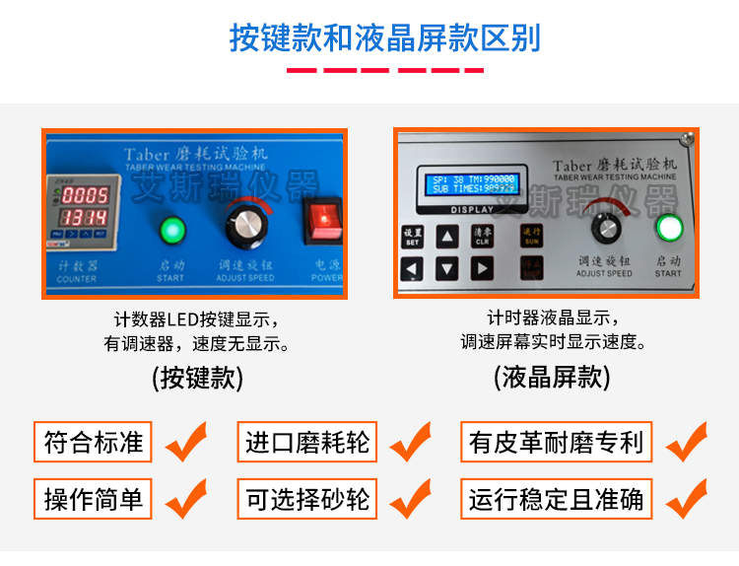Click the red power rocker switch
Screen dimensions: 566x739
point(321,221)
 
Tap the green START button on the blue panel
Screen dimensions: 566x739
point(172,231)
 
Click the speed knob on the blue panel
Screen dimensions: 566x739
point(244,226)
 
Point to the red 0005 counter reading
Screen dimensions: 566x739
point(87,194)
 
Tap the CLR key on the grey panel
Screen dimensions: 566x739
point(482,237)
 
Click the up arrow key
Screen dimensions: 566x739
point(448,237)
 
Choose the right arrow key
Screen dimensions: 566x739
point(482,267)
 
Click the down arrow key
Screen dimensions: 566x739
point(448,267)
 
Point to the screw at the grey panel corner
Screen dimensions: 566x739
point(686,138)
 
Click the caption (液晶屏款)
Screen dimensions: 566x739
point(552,377)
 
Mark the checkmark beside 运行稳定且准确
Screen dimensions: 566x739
point(687,499)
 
